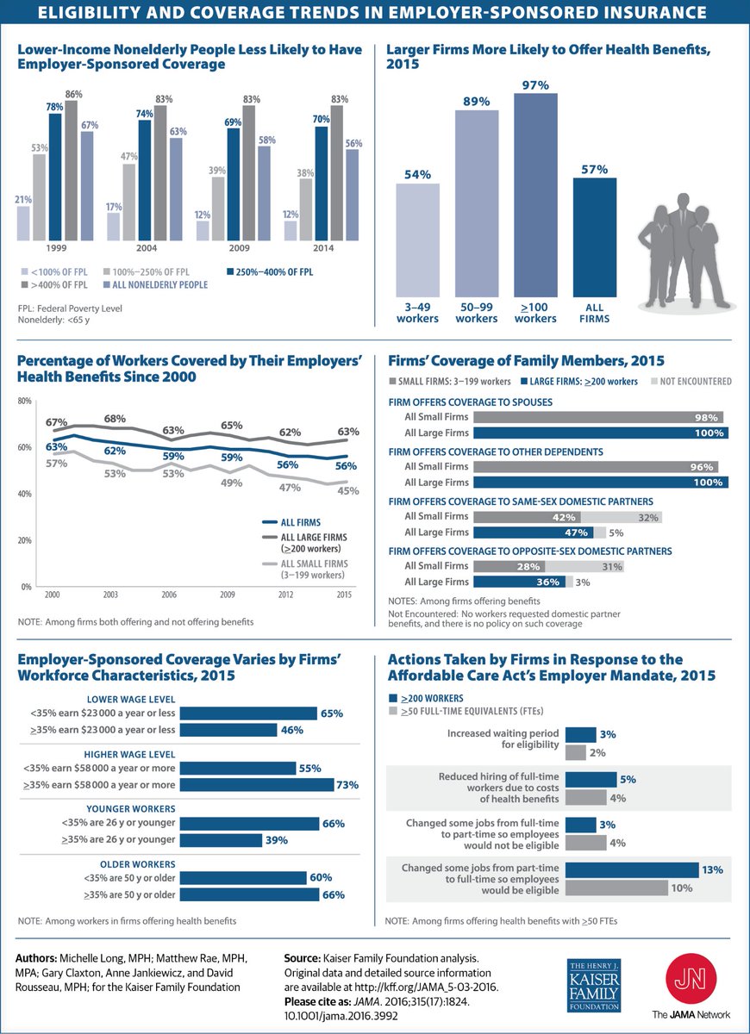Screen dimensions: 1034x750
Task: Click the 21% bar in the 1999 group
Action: tap(23, 223)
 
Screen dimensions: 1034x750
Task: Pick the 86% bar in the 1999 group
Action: tap(71, 170)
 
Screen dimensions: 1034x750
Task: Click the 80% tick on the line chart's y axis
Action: tap(24, 402)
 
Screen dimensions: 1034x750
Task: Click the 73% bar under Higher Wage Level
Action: tap(257, 785)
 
